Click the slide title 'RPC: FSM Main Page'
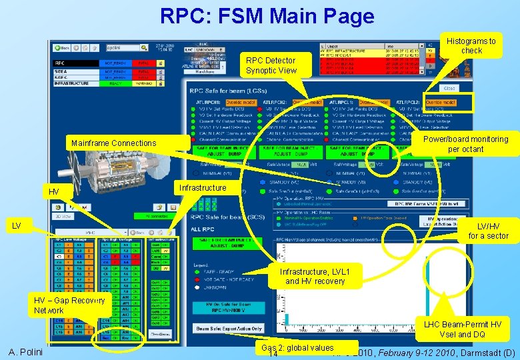pos(267,16)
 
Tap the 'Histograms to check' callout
pos(471,45)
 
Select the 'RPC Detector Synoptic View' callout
pos(270,65)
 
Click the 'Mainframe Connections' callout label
pos(114,143)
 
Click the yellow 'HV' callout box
pos(55,192)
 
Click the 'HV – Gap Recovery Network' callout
pos(69,305)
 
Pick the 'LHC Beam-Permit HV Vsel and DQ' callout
pos(463,329)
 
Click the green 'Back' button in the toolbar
pos(63,48)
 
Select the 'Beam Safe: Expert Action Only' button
pos(229,329)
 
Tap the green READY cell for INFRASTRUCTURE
pos(115,83)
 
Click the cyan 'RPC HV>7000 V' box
pos(229,307)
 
